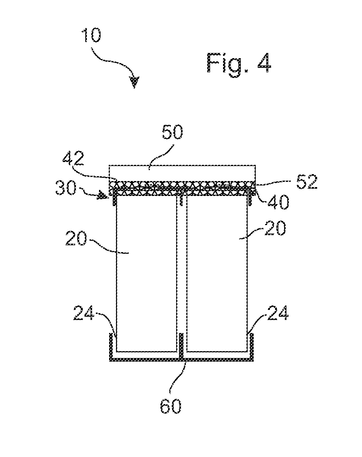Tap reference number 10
click(91, 35)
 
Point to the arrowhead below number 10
click(135, 82)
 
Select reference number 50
click(172, 132)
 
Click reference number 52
click(307, 183)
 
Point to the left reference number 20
click(76, 238)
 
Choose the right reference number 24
click(278, 313)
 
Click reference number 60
click(171, 406)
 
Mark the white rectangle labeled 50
click(183, 173)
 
